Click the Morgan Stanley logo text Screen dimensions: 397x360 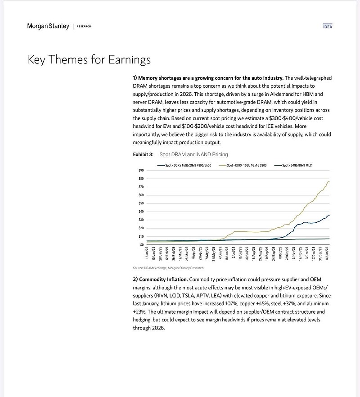48,26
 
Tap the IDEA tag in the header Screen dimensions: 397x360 328,27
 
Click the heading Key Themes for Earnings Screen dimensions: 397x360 89,59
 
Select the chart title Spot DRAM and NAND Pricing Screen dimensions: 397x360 193,154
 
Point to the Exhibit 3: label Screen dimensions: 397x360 143,154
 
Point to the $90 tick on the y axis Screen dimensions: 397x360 141,170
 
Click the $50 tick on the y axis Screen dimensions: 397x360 141,203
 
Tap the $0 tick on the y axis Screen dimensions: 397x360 142,245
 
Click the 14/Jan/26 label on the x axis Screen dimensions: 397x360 328,253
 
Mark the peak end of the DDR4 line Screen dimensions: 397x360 329,181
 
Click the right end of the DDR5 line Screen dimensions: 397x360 329,216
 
